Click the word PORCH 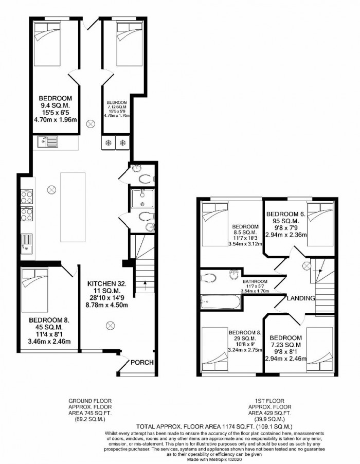pos(142,363)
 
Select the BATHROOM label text pos(256,281)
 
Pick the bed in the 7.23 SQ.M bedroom pos(319,350)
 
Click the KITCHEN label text pos(107,283)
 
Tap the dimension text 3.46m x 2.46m pos(47,341)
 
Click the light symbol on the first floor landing pos(307,265)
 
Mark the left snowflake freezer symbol pos(109,142)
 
